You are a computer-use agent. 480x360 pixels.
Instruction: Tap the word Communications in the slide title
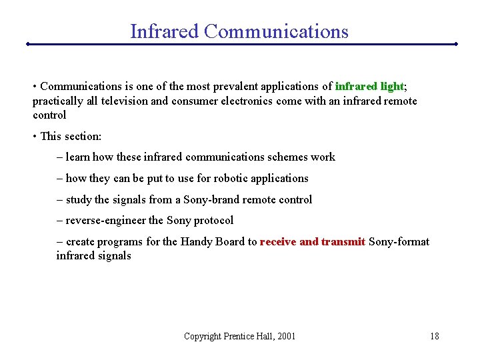click(x=277, y=31)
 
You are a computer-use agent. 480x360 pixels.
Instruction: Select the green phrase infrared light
click(x=369, y=86)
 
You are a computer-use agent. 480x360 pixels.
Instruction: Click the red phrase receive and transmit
click(x=313, y=241)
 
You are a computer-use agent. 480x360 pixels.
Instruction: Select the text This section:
click(x=71, y=136)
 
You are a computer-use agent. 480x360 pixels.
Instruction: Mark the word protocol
click(x=213, y=220)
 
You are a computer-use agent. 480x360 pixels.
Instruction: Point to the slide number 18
click(x=435, y=336)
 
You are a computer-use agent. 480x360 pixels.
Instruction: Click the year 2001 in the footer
click(x=285, y=336)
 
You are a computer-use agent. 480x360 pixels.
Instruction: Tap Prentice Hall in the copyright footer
click(x=247, y=336)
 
